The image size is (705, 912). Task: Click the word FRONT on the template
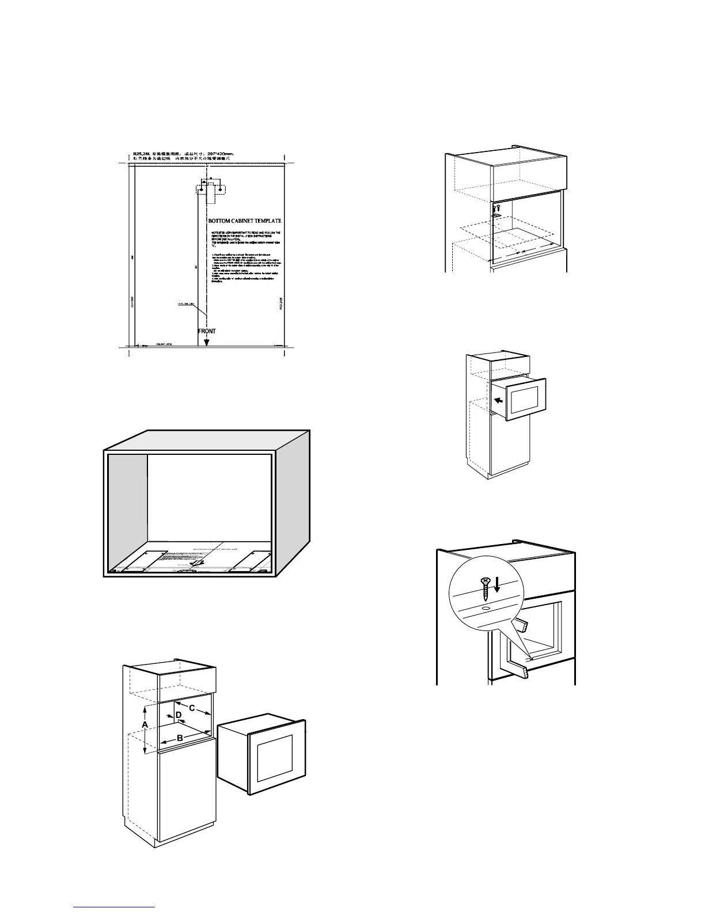point(207,331)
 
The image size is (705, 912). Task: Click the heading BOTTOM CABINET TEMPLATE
point(244,221)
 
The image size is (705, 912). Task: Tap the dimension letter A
point(145,724)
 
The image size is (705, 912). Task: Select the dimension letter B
point(180,738)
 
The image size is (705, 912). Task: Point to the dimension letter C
point(192,706)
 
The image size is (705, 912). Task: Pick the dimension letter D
point(179,715)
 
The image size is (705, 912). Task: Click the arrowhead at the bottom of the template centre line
point(207,343)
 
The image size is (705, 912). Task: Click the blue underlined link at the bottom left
point(115,908)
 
